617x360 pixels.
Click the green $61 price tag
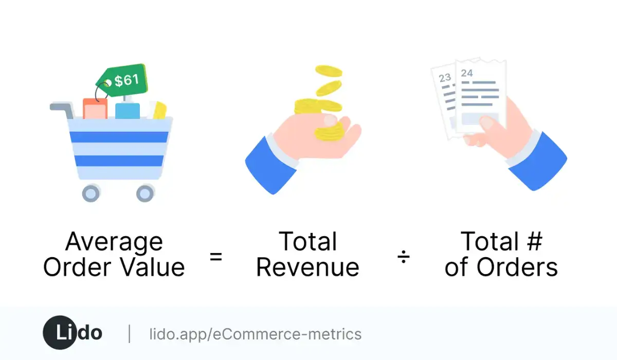pos(122,81)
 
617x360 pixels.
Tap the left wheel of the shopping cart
pos(91,193)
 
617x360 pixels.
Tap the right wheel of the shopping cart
pos(145,193)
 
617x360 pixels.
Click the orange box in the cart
pos(95,109)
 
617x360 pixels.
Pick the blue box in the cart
pos(127,111)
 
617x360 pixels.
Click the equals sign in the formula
pos(216,257)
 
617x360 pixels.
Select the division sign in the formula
pos(404,257)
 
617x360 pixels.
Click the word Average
pos(114,242)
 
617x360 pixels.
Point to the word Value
pos(152,267)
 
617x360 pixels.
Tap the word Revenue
pos(307,267)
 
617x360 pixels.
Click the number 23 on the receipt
pos(445,78)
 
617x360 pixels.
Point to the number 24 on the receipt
pos(466,73)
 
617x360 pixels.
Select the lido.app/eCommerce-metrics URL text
pos(255,334)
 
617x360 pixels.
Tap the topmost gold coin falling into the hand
pos(328,71)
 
